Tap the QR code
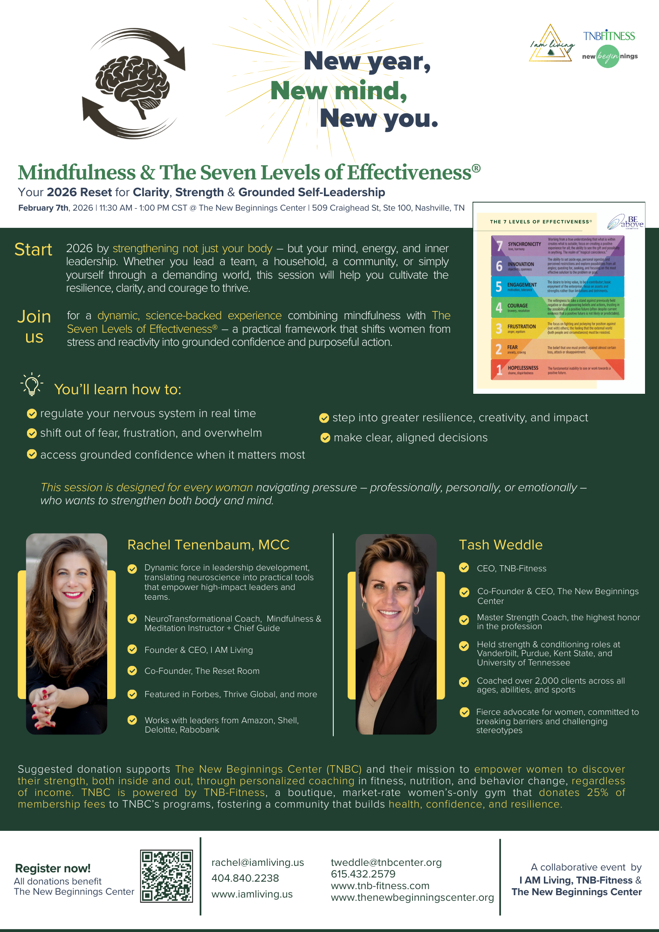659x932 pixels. (166, 876)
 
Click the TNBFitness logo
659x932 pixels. (609, 36)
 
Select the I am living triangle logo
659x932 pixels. (551, 45)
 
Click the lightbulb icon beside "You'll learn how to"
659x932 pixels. (32, 384)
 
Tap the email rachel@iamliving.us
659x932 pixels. (257, 863)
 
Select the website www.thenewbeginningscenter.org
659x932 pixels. (412, 898)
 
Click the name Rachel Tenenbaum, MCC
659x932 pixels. (208, 545)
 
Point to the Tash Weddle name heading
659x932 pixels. (501, 545)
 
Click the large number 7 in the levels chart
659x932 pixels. (499, 246)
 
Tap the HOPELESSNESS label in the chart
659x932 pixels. (523, 368)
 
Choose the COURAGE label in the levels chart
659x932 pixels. (517, 306)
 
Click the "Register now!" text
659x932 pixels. (53, 868)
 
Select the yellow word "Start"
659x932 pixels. (33, 250)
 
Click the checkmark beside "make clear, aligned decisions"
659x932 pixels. (325, 438)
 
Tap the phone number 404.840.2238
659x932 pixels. (245, 878)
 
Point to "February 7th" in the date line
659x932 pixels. (44, 208)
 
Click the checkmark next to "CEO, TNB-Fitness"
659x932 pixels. (464, 568)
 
